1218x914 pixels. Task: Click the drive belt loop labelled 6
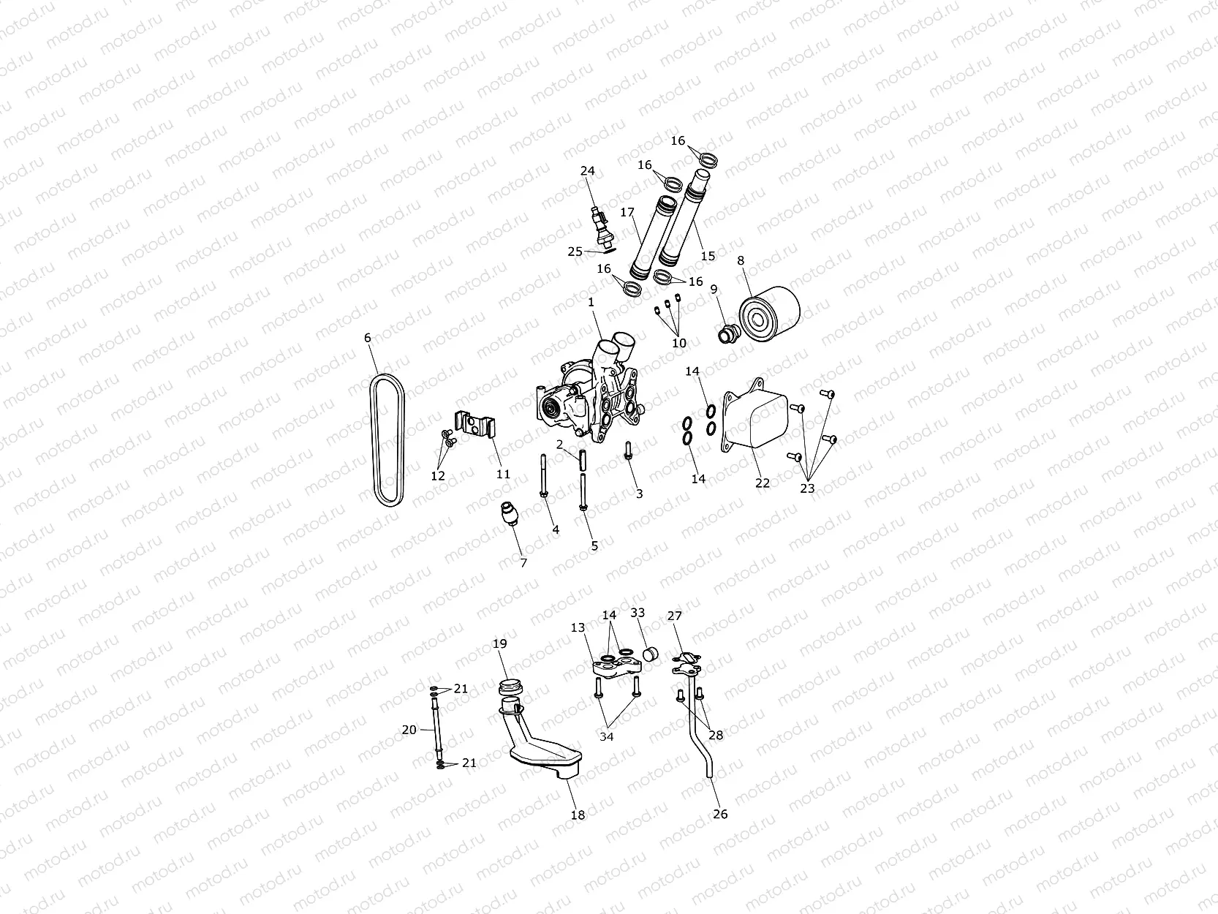pyautogui.click(x=374, y=439)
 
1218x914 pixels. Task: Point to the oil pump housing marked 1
pyautogui.click(x=589, y=395)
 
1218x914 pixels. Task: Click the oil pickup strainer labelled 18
pyautogui.click(x=545, y=749)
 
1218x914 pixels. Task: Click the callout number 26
pyautogui.click(x=720, y=814)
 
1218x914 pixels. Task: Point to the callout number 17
pyautogui.click(x=627, y=213)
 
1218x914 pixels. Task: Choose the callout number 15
pyautogui.click(x=708, y=256)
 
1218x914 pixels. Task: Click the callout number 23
pyautogui.click(x=807, y=488)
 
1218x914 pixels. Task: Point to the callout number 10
pyautogui.click(x=679, y=342)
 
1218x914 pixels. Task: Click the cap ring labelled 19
pyautogui.click(x=507, y=688)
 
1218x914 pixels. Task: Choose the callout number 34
pyautogui.click(x=607, y=736)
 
